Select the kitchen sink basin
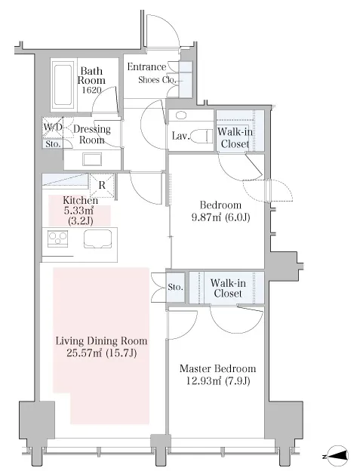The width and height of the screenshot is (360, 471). click(x=97, y=239)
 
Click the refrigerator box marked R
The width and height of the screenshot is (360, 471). click(x=102, y=186)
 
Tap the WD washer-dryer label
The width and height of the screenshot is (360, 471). click(x=53, y=127)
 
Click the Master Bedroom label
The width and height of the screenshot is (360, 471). click(x=217, y=368)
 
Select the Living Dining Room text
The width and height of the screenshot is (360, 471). click(x=101, y=341)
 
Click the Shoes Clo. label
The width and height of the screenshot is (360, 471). click(x=157, y=80)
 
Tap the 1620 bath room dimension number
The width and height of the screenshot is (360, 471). click(x=91, y=90)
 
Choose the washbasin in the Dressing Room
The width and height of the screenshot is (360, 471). click(x=92, y=159)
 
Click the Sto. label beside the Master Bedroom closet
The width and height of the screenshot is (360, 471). click(x=175, y=287)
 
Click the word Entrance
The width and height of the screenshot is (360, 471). click(x=146, y=66)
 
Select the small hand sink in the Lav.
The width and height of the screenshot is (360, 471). click(x=181, y=115)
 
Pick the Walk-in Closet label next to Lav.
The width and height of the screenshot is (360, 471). click(x=235, y=137)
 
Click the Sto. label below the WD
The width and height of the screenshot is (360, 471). click(x=53, y=144)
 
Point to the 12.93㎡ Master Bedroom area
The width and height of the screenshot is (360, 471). click(x=204, y=381)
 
